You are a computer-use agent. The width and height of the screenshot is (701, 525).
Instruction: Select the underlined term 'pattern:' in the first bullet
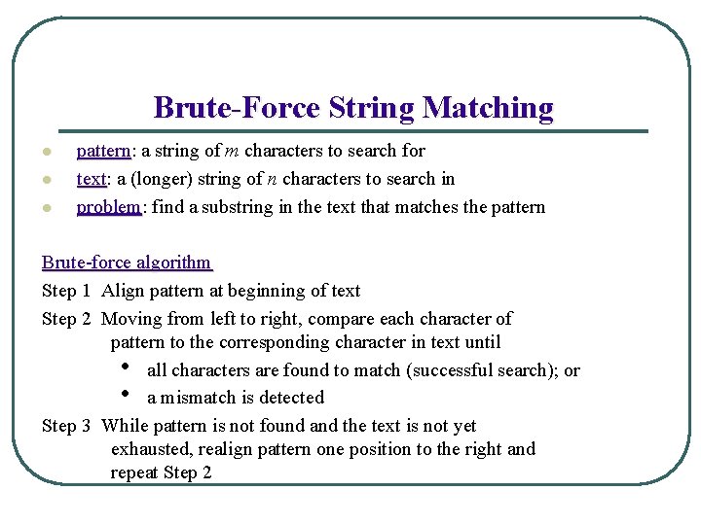click(x=105, y=151)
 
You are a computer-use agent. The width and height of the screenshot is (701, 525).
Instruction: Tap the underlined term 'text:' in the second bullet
click(x=92, y=179)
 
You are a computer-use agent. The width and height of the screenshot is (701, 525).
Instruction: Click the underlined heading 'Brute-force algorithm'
click(x=127, y=262)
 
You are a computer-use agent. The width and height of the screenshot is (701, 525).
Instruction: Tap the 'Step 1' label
click(x=66, y=291)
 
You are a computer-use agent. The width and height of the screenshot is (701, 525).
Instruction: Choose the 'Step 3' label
click(x=66, y=426)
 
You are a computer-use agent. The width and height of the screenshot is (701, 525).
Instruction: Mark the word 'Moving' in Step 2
click(x=131, y=319)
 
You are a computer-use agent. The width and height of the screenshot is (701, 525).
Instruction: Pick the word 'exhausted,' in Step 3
click(x=151, y=449)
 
